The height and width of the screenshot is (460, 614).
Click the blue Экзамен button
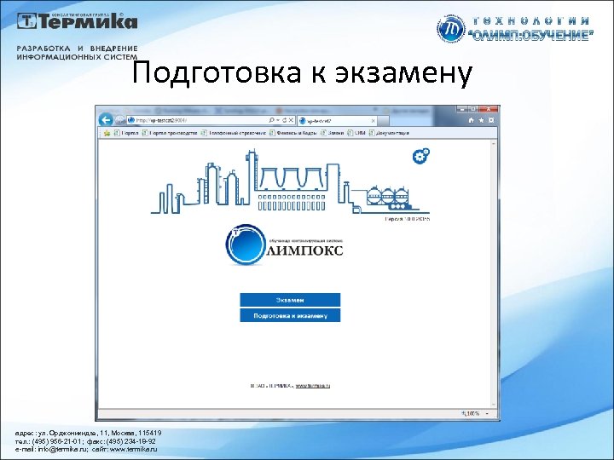pyautogui.click(x=290, y=300)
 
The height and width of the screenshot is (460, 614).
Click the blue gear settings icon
pyautogui.click(x=420, y=156)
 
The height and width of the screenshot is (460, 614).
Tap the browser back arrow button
pyautogui.click(x=107, y=120)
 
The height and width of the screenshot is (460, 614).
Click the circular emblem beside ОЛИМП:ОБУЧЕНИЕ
pyautogui.click(x=450, y=30)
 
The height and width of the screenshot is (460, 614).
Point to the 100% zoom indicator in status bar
pyautogui.click(x=472, y=413)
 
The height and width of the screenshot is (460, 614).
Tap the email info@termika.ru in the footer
pyautogui.click(x=61, y=450)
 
